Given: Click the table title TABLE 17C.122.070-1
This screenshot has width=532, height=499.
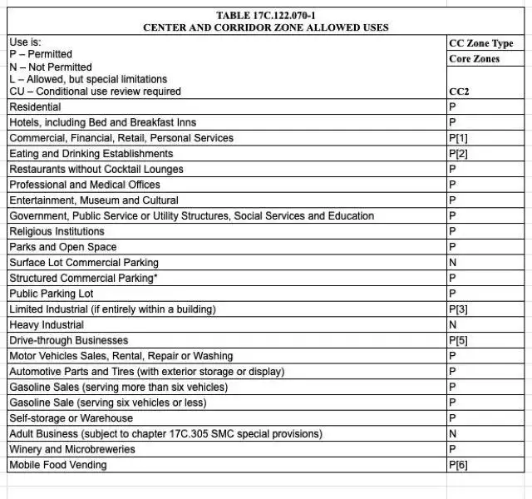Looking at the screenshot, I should pyautogui.click(x=265, y=15).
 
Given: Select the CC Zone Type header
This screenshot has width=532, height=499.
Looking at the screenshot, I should pyautogui.click(x=480, y=43).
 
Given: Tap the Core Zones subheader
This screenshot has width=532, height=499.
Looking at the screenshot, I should pyautogui.click(x=475, y=59).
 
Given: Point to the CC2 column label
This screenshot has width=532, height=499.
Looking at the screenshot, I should pyautogui.click(x=459, y=91).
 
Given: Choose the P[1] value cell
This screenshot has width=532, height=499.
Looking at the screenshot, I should pyautogui.click(x=458, y=138).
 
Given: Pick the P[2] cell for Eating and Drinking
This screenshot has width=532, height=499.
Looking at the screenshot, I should pyautogui.click(x=458, y=154).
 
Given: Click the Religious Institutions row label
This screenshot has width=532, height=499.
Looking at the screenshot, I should pyautogui.click(x=57, y=231).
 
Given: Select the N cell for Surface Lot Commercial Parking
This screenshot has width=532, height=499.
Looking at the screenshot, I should pyautogui.click(x=452, y=263).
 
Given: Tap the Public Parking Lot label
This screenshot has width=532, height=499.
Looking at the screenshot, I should pyautogui.click(x=52, y=294).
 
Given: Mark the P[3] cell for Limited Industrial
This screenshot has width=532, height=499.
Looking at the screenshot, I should pyautogui.click(x=458, y=309).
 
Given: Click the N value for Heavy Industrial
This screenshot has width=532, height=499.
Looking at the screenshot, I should pyautogui.click(x=452, y=325).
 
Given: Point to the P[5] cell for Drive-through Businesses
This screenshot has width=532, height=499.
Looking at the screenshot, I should pyautogui.click(x=458, y=340).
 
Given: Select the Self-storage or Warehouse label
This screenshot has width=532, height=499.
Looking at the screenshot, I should pyautogui.click(x=71, y=418).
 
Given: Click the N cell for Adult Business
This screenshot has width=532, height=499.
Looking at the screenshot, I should pyautogui.click(x=452, y=434).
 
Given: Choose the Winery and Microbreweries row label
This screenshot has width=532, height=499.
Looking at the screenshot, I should pyautogui.click(x=72, y=449).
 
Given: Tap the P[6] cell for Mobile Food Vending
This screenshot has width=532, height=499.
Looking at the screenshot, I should pyautogui.click(x=458, y=465).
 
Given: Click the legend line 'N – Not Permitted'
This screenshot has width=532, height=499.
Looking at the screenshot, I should pyautogui.click(x=51, y=67).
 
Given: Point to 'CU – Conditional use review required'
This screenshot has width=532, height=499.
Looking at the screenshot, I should pyautogui.click(x=95, y=91).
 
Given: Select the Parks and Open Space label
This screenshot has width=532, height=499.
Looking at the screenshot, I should pyautogui.click(x=63, y=247).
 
